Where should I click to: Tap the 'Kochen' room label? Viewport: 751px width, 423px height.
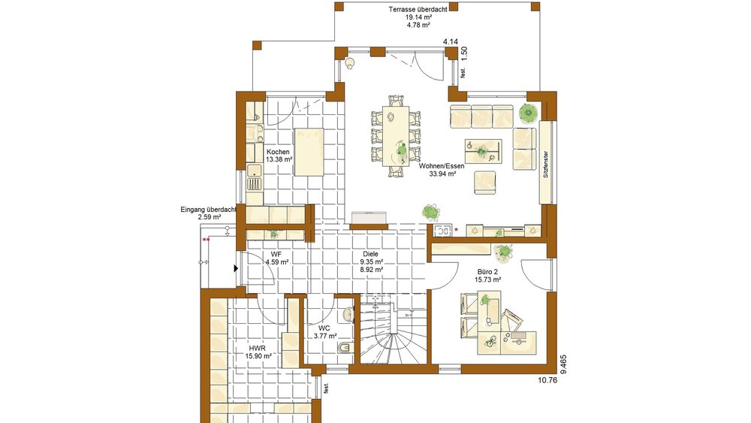coord(278,152)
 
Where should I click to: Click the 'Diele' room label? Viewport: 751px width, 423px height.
coord(371,254)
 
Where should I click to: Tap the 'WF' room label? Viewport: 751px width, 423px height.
coord(276,254)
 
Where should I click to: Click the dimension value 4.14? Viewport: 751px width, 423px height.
coord(451,41)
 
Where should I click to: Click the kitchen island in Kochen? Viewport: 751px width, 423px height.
coord(309,152)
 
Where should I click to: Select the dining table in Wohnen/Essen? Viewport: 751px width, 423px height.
coord(395,136)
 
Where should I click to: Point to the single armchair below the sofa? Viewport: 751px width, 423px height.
coord(486,182)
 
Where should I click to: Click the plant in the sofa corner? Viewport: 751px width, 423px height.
coord(528,113)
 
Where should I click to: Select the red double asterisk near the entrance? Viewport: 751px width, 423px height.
coord(205,240)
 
